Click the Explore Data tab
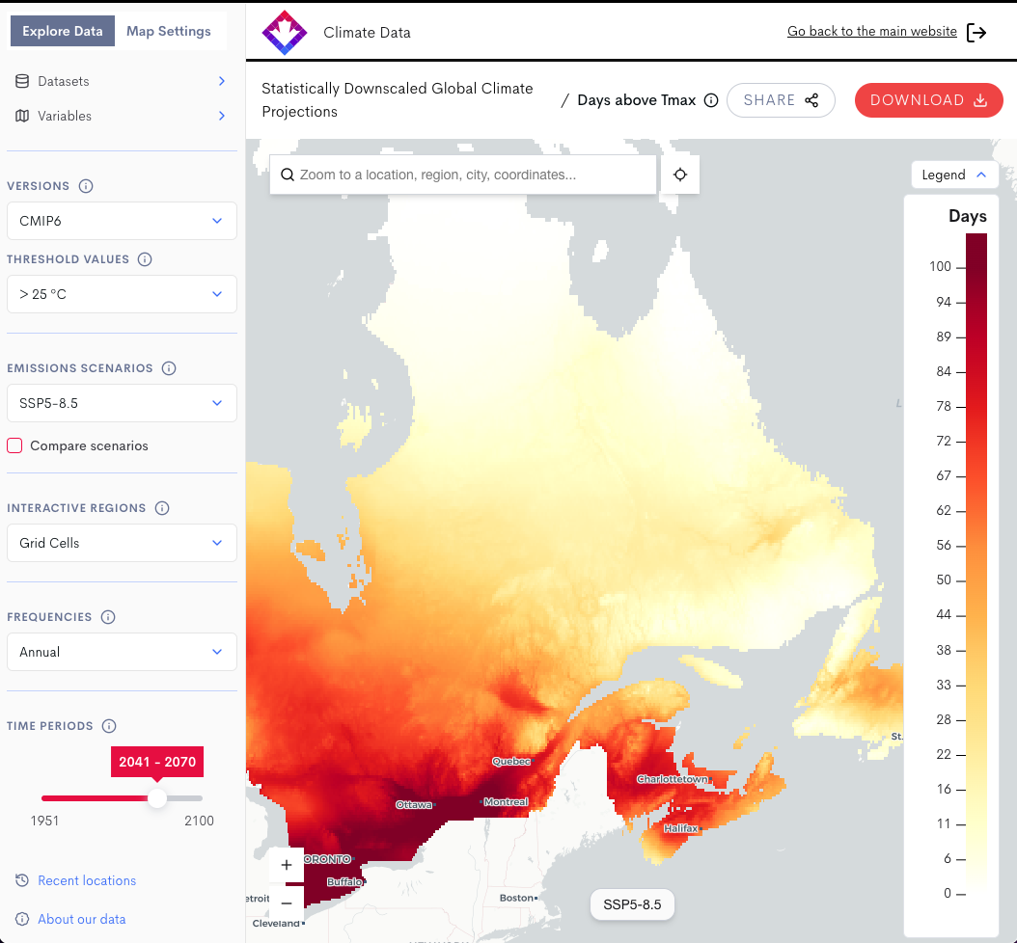coord(63,31)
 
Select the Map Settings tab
coord(169,31)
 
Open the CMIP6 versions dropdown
coord(122,221)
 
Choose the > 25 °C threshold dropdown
coord(122,294)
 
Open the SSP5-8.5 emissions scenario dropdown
coord(122,403)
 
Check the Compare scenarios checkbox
coord(14,445)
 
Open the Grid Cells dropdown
coord(122,543)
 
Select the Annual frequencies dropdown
coord(122,652)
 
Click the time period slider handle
coord(156,798)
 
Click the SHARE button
coord(781,100)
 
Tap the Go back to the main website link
coord(871,32)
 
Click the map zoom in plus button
coord(287,866)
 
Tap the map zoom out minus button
coord(287,903)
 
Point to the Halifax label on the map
coord(680,828)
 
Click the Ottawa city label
coord(413,804)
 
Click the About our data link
coord(81,919)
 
